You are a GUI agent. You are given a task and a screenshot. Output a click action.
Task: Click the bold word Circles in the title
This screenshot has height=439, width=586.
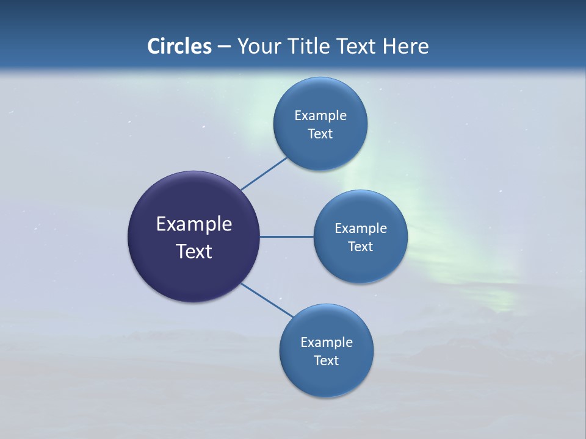click(179, 46)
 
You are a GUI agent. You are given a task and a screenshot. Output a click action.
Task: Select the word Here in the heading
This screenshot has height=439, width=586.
click(405, 46)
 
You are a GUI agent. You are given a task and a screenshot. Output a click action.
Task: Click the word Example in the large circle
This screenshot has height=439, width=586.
click(194, 224)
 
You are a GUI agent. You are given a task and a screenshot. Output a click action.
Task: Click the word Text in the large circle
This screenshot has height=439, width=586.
click(194, 251)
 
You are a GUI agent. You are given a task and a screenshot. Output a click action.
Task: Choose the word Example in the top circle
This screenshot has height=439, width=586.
click(320, 116)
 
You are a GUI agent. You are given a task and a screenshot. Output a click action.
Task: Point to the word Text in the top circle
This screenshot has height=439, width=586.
click(320, 134)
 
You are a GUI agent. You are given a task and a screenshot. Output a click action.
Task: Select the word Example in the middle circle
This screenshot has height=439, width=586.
click(361, 229)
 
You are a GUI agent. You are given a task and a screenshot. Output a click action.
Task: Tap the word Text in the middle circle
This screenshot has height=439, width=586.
click(361, 247)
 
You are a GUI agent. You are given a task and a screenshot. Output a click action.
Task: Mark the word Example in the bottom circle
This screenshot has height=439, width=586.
click(327, 343)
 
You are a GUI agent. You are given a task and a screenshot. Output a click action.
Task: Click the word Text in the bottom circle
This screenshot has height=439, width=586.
click(327, 361)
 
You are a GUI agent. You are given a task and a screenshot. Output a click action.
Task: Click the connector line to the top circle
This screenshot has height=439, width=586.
click(264, 173)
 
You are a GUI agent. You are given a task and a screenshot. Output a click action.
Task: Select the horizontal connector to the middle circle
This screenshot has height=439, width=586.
click(287, 237)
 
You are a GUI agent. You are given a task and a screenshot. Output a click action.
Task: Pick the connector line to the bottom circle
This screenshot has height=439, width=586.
click(267, 300)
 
